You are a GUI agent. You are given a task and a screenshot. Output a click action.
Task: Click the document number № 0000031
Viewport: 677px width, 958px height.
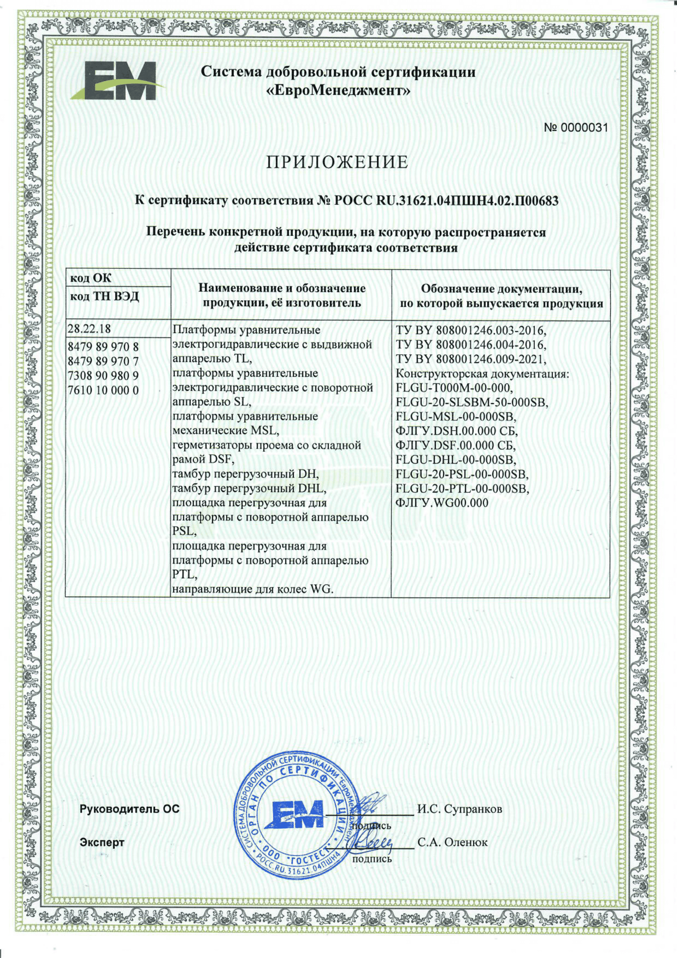576,128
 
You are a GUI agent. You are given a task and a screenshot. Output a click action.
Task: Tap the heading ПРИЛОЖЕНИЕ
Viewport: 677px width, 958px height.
337,162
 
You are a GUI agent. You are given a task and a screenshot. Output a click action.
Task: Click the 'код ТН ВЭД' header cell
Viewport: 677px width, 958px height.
104,297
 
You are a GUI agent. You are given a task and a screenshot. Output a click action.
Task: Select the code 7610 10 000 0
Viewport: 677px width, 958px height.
103,391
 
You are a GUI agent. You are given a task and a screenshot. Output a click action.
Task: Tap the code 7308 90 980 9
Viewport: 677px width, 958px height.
103,376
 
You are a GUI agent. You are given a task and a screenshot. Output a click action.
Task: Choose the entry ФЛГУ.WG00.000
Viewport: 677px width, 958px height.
442,503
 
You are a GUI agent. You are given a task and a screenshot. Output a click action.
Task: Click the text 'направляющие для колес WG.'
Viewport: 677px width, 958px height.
253,589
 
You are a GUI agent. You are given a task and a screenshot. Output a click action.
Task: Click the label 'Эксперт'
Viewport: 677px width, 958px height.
102,842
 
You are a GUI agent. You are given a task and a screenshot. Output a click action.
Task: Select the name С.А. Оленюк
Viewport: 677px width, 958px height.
453,842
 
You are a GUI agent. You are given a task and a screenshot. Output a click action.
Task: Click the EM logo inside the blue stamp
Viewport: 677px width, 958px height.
297,814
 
